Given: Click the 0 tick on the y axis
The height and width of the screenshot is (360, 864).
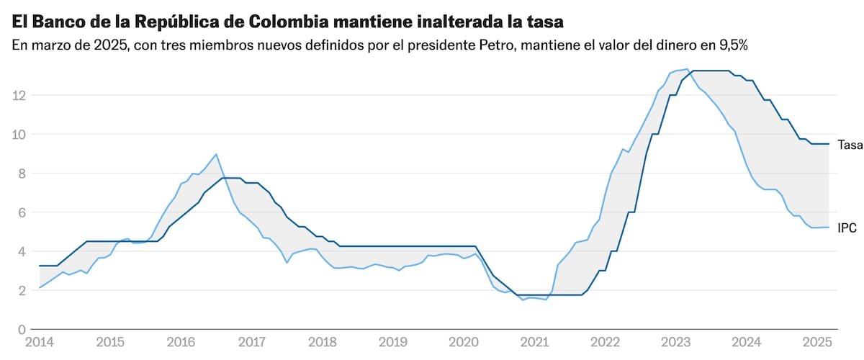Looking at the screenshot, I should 22,330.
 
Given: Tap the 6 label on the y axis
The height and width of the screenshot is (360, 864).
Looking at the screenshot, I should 22,212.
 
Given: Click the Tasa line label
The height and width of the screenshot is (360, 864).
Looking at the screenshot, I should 850,145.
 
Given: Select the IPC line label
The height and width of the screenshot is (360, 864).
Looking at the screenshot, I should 847,228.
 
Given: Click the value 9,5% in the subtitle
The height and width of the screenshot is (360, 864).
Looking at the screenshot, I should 726,45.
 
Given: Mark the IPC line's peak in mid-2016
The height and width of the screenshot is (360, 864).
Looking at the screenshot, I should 216,154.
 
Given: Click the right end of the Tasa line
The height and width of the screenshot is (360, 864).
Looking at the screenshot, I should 829,144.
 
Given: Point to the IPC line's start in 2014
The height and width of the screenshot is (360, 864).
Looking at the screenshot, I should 40,288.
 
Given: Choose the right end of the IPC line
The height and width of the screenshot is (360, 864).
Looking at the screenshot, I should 829,227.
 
